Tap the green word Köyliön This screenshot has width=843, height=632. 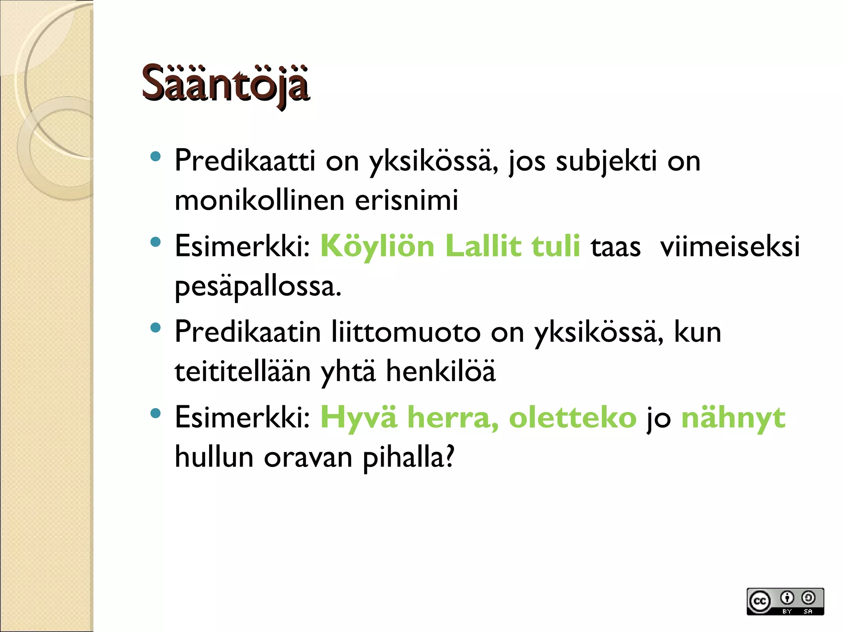coord(377,246)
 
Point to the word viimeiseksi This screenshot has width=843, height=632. coord(729,246)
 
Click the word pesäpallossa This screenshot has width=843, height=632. coord(258,286)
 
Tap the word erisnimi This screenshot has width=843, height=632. coord(406,200)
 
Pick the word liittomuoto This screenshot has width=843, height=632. coord(406,332)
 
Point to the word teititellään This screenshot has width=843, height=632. coord(242,371)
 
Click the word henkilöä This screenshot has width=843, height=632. coord(440,371)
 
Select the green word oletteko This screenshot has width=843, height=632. coord(573,417)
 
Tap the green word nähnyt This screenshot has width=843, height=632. coord(733,417)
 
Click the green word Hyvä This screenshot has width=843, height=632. coord(359,417)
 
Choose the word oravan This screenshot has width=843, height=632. coord(308,457)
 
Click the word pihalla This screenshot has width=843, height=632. coord(408,457)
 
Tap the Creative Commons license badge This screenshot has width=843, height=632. coord(785,601)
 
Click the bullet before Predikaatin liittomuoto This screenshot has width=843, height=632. coord(155,328)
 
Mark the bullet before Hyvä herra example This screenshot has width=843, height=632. coord(155,414)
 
